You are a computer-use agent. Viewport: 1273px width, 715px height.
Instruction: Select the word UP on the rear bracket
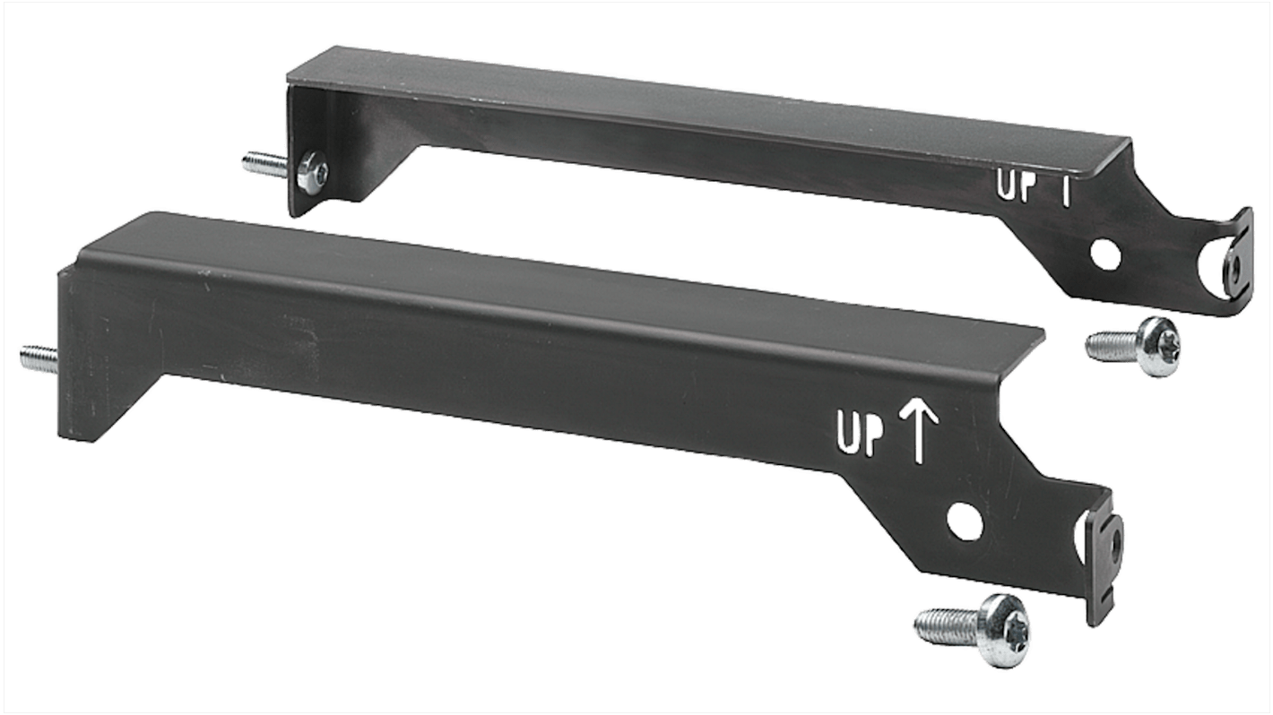point(1016,185)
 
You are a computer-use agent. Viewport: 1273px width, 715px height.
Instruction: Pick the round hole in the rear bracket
point(1106,254)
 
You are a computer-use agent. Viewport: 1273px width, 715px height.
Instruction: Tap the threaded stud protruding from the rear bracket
point(261,164)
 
